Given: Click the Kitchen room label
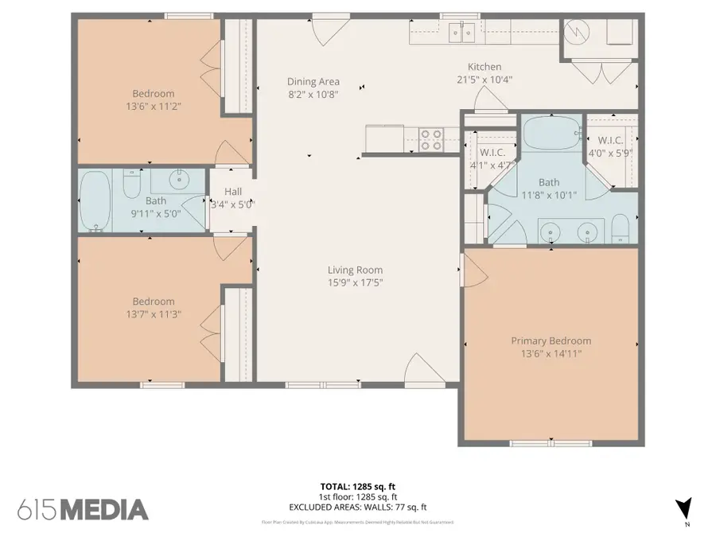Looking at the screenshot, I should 484,67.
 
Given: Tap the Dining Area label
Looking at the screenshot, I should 313,81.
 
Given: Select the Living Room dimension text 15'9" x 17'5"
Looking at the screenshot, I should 355,282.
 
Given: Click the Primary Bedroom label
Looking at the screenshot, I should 551,340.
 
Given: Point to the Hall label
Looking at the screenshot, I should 232,192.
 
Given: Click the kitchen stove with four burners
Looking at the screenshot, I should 430,139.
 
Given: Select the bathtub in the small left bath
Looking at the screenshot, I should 95,200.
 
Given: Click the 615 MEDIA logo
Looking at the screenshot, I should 83,509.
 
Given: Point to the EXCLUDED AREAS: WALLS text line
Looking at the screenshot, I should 357,507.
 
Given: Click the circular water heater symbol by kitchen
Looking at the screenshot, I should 574,33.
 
